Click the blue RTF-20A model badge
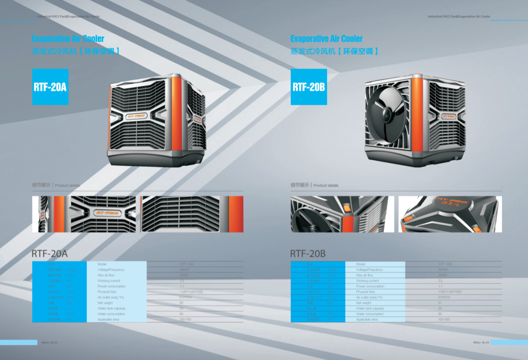pos(50,87)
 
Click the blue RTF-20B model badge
pos(308,87)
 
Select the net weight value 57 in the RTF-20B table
pos(440,303)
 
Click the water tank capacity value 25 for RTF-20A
pos(181,308)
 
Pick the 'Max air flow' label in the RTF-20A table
pos(105,275)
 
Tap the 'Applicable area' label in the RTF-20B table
pos(367,319)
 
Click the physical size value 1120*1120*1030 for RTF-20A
pos(191,292)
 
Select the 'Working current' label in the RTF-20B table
pos(368,281)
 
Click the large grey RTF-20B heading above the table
pos(308,254)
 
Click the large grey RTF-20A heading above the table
pos(49,254)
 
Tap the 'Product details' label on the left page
pos(67,186)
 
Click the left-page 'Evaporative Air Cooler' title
pos(68,39)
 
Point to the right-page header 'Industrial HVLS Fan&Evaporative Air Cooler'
pos(459,17)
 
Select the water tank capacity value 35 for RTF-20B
pos(440,308)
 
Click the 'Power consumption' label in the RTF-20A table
pos(111,286)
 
